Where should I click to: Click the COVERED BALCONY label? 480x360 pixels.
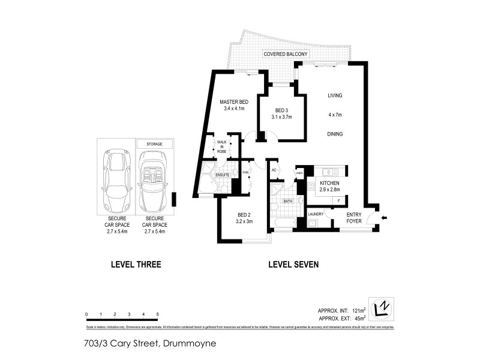285,55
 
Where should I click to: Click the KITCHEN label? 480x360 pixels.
329,182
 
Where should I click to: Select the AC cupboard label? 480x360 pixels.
274,170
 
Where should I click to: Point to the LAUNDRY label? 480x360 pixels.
316,214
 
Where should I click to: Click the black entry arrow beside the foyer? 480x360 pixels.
385,217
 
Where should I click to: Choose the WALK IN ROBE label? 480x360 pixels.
221,148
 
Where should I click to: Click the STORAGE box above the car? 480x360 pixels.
155,144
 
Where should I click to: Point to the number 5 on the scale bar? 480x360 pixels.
157,314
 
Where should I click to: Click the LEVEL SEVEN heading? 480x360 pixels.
293,264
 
